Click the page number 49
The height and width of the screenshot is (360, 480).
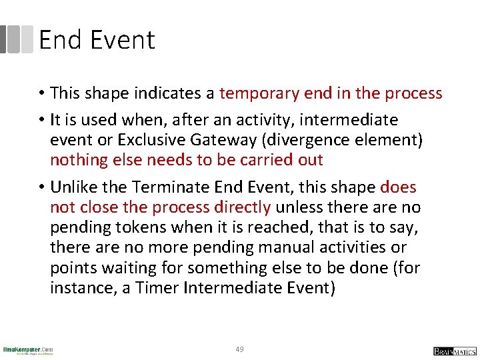point(239,349)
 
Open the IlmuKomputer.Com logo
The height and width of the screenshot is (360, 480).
point(28,350)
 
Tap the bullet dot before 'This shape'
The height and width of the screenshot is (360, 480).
point(41,94)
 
